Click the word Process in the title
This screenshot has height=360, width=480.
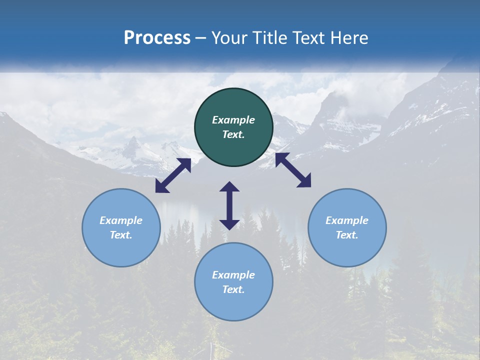(157, 38)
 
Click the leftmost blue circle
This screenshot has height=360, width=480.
(121, 227)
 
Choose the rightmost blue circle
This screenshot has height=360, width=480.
(347, 227)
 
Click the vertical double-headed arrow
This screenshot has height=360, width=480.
(229, 205)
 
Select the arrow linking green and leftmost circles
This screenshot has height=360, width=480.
(173, 175)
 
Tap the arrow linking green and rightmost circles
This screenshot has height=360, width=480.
(293, 170)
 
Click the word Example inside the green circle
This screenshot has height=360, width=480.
(233, 120)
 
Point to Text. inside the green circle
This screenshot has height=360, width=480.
(233, 134)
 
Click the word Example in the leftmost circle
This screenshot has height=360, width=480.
(121, 220)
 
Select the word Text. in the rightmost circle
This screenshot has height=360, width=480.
(347, 235)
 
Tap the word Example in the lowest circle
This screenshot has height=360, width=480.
(233, 275)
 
